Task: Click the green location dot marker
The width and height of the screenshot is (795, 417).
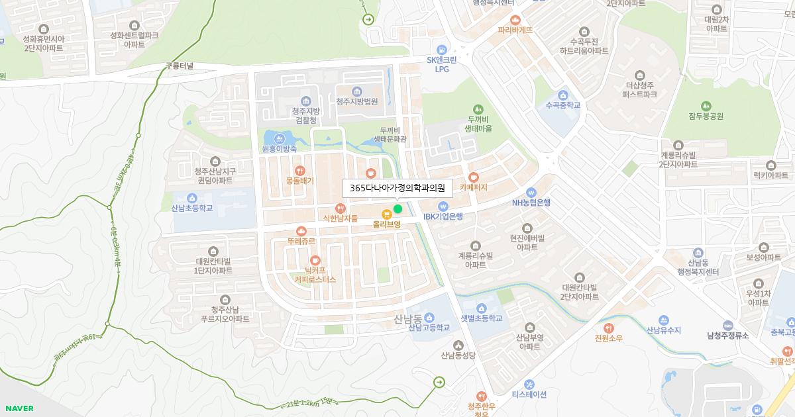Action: [397, 209]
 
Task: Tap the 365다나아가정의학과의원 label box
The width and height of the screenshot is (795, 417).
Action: [397, 188]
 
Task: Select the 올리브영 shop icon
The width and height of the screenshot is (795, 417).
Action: [386, 213]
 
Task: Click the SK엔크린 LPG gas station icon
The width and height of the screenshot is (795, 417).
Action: [441, 49]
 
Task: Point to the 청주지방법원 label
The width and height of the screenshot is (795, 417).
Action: [356, 101]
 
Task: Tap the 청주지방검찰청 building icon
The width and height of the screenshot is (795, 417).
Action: [305, 100]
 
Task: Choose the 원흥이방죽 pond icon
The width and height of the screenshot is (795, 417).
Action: [279, 138]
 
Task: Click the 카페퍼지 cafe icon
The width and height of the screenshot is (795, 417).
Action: [473, 177]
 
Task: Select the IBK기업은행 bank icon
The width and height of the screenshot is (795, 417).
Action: [443, 205]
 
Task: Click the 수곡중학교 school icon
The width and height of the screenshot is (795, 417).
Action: [563, 95]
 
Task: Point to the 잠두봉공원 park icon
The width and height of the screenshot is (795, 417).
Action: [706, 106]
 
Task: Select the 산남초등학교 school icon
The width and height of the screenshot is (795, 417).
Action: [191, 197]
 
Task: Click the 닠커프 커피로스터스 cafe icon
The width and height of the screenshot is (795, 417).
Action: [315, 260]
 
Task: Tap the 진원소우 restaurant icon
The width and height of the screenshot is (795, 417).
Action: [609, 328]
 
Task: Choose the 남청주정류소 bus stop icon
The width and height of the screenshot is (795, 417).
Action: [727, 325]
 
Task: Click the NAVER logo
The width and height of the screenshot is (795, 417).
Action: [18, 408]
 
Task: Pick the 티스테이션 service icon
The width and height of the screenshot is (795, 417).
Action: [529, 384]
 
